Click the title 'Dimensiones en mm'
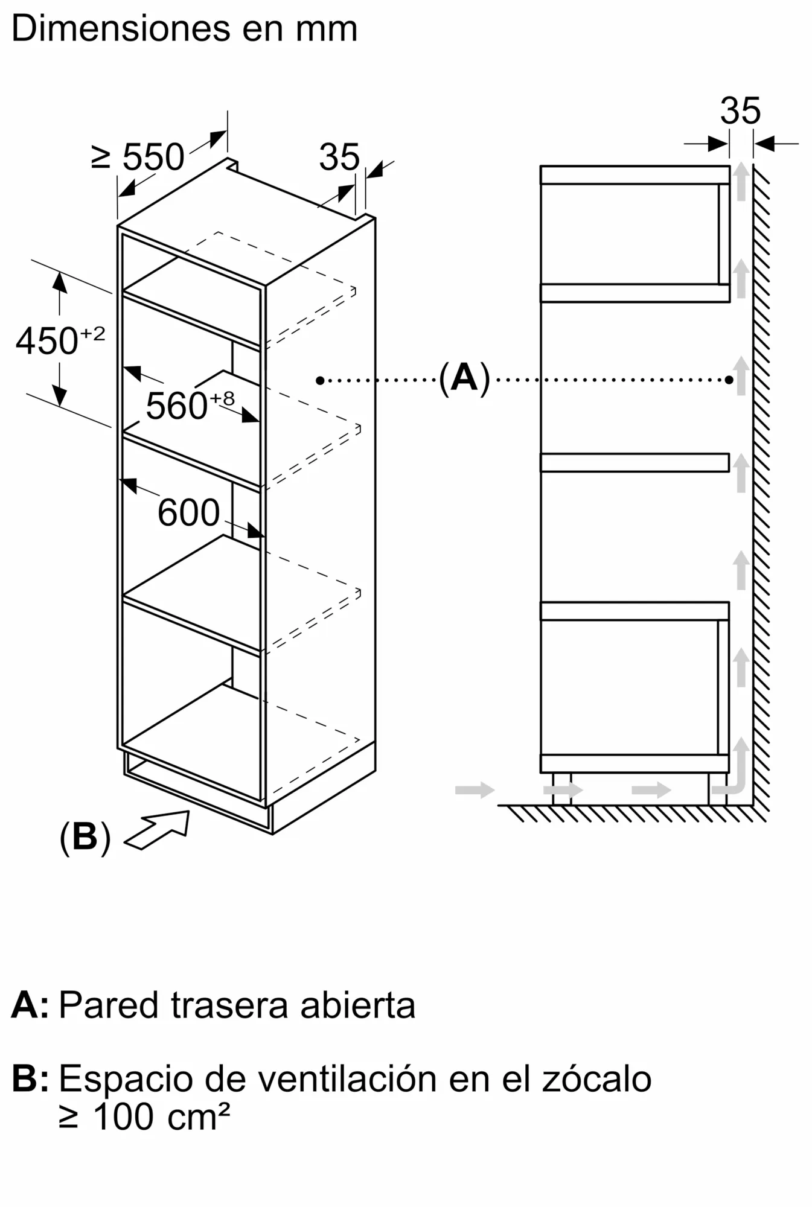[x=184, y=29]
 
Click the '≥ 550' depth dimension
[x=138, y=157]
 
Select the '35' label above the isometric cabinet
[x=339, y=157]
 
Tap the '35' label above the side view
[x=740, y=110]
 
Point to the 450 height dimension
[x=60, y=340]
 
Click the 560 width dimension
[x=190, y=405]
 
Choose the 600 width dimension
[x=188, y=513]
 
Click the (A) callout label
[x=464, y=378]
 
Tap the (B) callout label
[x=85, y=836]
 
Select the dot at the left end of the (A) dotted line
[x=320, y=380]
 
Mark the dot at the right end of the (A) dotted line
[x=729, y=380]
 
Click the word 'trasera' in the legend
[x=230, y=1006]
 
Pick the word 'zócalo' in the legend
[x=596, y=1078]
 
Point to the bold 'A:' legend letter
[x=30, y=1005]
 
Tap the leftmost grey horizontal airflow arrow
[x=475, y=789]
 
